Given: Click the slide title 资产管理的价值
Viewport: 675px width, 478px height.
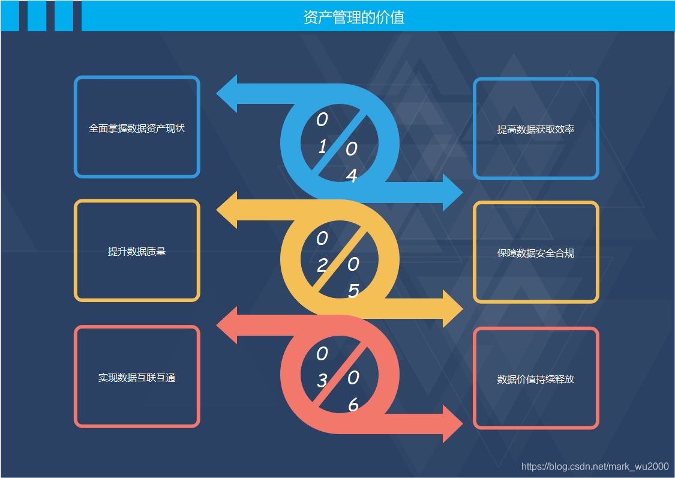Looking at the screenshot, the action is coord(354,17).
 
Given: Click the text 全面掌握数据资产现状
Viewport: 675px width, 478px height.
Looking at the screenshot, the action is coord(137,128).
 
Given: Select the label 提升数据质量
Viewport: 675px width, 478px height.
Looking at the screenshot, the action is coord(137,252).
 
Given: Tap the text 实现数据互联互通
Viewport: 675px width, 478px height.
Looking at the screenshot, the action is coord(137,378).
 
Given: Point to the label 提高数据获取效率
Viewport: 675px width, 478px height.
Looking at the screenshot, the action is coord(536,129).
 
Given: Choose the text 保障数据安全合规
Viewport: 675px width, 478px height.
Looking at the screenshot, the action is coord(536,253).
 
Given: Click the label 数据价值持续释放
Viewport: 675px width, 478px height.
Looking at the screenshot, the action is coord(536,380).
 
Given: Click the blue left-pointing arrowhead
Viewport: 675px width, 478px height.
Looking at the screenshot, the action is coord(227,94).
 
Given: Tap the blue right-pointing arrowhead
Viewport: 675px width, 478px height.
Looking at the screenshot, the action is coord(452,193).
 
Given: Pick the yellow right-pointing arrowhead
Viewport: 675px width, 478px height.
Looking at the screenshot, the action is coord(452,309).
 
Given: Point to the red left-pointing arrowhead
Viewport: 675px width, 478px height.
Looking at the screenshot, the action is coord(227,325).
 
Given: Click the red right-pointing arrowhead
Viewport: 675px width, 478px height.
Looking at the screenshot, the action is coord(452,424).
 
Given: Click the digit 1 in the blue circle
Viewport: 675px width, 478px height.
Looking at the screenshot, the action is coord(322,147).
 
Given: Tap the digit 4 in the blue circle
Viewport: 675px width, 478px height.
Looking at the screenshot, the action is coord(352,176).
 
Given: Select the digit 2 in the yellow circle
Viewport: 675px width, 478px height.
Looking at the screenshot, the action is coord(322,265).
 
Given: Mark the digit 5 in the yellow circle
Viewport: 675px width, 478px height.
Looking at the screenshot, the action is coord(353,291).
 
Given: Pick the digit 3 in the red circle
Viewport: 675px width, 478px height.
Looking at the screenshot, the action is coord(322,381).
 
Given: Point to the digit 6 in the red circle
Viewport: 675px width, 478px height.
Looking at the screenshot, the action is coord(353,406).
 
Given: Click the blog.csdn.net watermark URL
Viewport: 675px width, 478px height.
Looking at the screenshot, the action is coord(595,467).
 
